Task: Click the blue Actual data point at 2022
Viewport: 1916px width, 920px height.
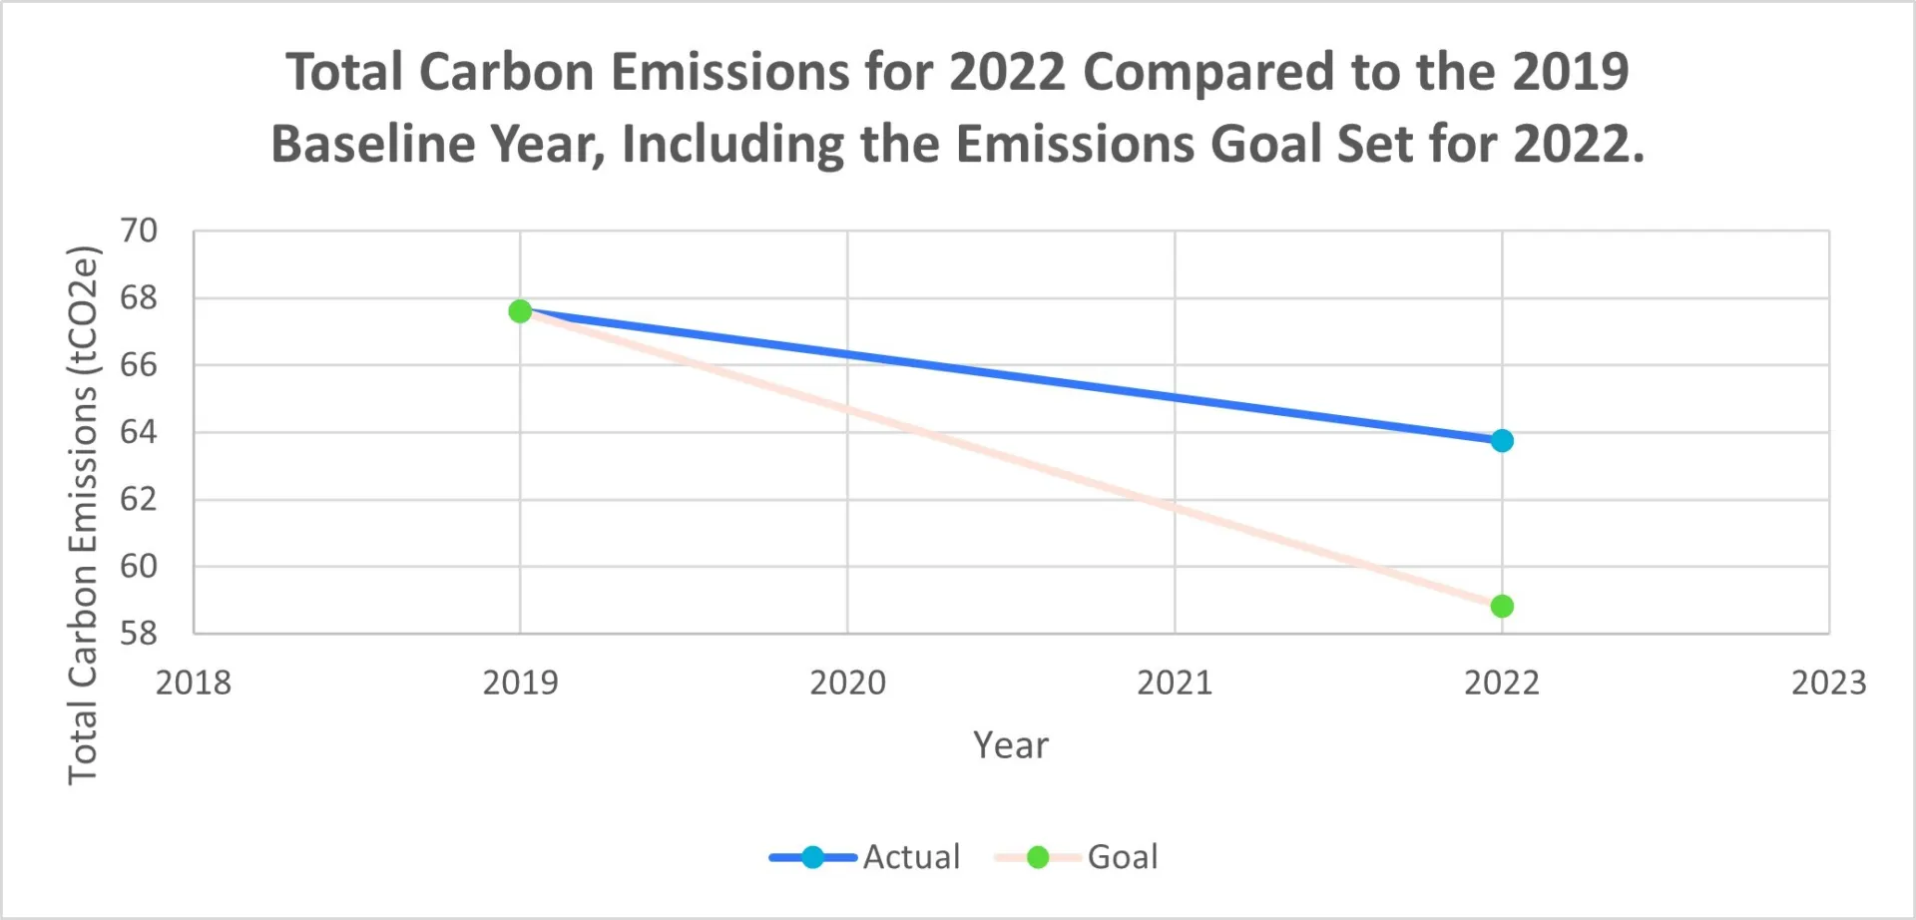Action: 1502,440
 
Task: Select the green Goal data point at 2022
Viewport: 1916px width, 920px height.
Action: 1502,606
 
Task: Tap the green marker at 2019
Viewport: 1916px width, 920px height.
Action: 520,311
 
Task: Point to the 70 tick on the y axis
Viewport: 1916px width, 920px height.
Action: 139,230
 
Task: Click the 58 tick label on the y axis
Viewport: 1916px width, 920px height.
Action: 139,633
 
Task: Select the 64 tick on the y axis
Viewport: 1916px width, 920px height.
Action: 139,432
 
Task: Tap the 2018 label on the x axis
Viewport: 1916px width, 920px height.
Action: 194,683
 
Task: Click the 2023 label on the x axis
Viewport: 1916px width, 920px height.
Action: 1828,683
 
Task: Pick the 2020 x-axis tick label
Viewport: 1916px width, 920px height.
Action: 847,683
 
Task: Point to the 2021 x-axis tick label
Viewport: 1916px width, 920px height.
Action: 1175,683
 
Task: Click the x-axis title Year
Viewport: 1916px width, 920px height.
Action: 1011,745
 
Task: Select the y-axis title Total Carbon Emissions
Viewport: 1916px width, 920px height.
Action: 83,515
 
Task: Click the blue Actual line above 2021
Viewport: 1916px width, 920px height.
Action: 1175,398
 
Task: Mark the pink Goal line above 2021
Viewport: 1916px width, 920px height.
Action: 1175,507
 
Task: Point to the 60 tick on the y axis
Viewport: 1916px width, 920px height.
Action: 139,566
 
